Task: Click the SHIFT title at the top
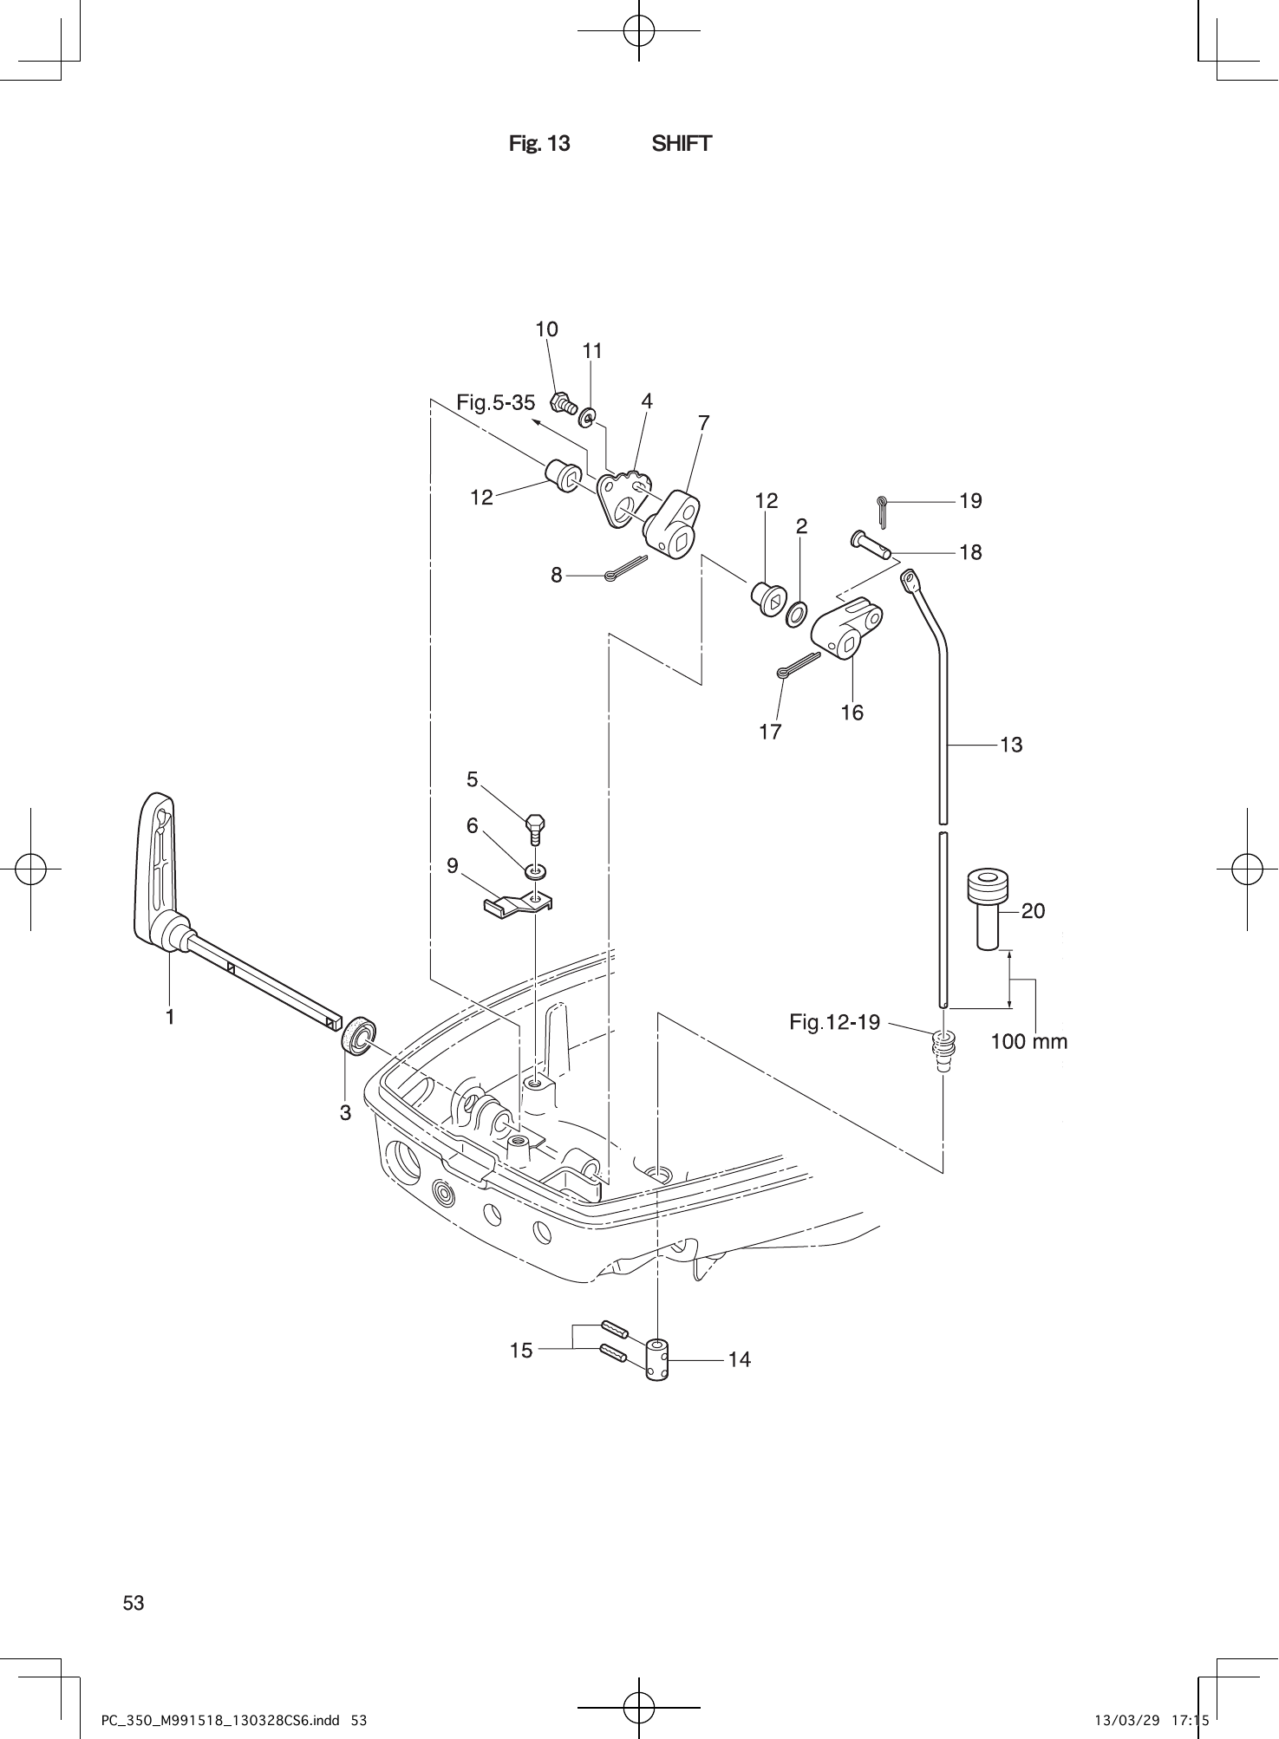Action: point(682,144)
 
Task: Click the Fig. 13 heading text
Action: point(539,144)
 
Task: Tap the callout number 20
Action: point(1033,910)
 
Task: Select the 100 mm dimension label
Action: point(1028,1041)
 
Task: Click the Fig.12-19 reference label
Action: point(834,1022)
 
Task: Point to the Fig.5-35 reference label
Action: point(495,402)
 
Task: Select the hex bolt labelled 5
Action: point(535,829)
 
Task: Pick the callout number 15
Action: point(521,1351)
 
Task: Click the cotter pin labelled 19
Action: point(882,511)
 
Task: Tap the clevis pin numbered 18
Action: point(870,545)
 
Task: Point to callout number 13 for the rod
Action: point(1011,745)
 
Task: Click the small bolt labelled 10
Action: point(563,403)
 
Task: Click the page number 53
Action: point(134,1604)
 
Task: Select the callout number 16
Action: point(852,713)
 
